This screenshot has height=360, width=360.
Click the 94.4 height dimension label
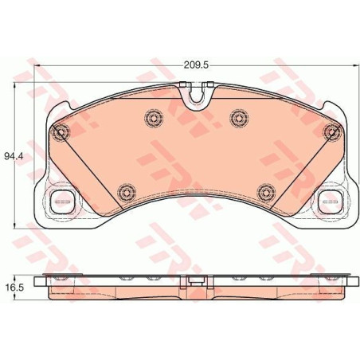14,156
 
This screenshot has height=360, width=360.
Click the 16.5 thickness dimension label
14,287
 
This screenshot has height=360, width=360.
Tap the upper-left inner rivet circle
154,118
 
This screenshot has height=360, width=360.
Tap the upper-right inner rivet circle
240,118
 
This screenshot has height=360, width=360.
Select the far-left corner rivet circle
61,132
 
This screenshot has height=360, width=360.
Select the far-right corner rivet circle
332,132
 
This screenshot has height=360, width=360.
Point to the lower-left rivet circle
127,192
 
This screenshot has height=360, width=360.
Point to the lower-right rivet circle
266,192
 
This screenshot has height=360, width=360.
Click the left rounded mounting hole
63,202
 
